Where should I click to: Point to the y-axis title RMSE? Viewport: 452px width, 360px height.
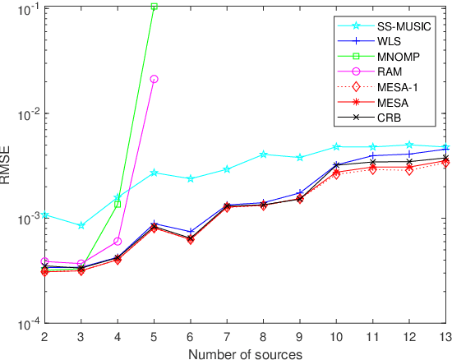click(x=7, y=165)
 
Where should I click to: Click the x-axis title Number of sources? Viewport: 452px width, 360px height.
click(x=244, y=353)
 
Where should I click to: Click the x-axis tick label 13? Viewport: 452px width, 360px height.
click(x=445, y=336)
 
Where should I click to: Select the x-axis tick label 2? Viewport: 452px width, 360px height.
click(x=46, y=336)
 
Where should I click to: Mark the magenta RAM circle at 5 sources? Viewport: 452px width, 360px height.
click(x=154, y=79)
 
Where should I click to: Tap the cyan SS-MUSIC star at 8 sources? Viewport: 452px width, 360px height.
click(x=263, y=154)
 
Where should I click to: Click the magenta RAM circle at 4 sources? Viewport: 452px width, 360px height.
click(x=118, y=242)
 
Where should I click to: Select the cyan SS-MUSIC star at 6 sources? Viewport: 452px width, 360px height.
click(x=191, y=178)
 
